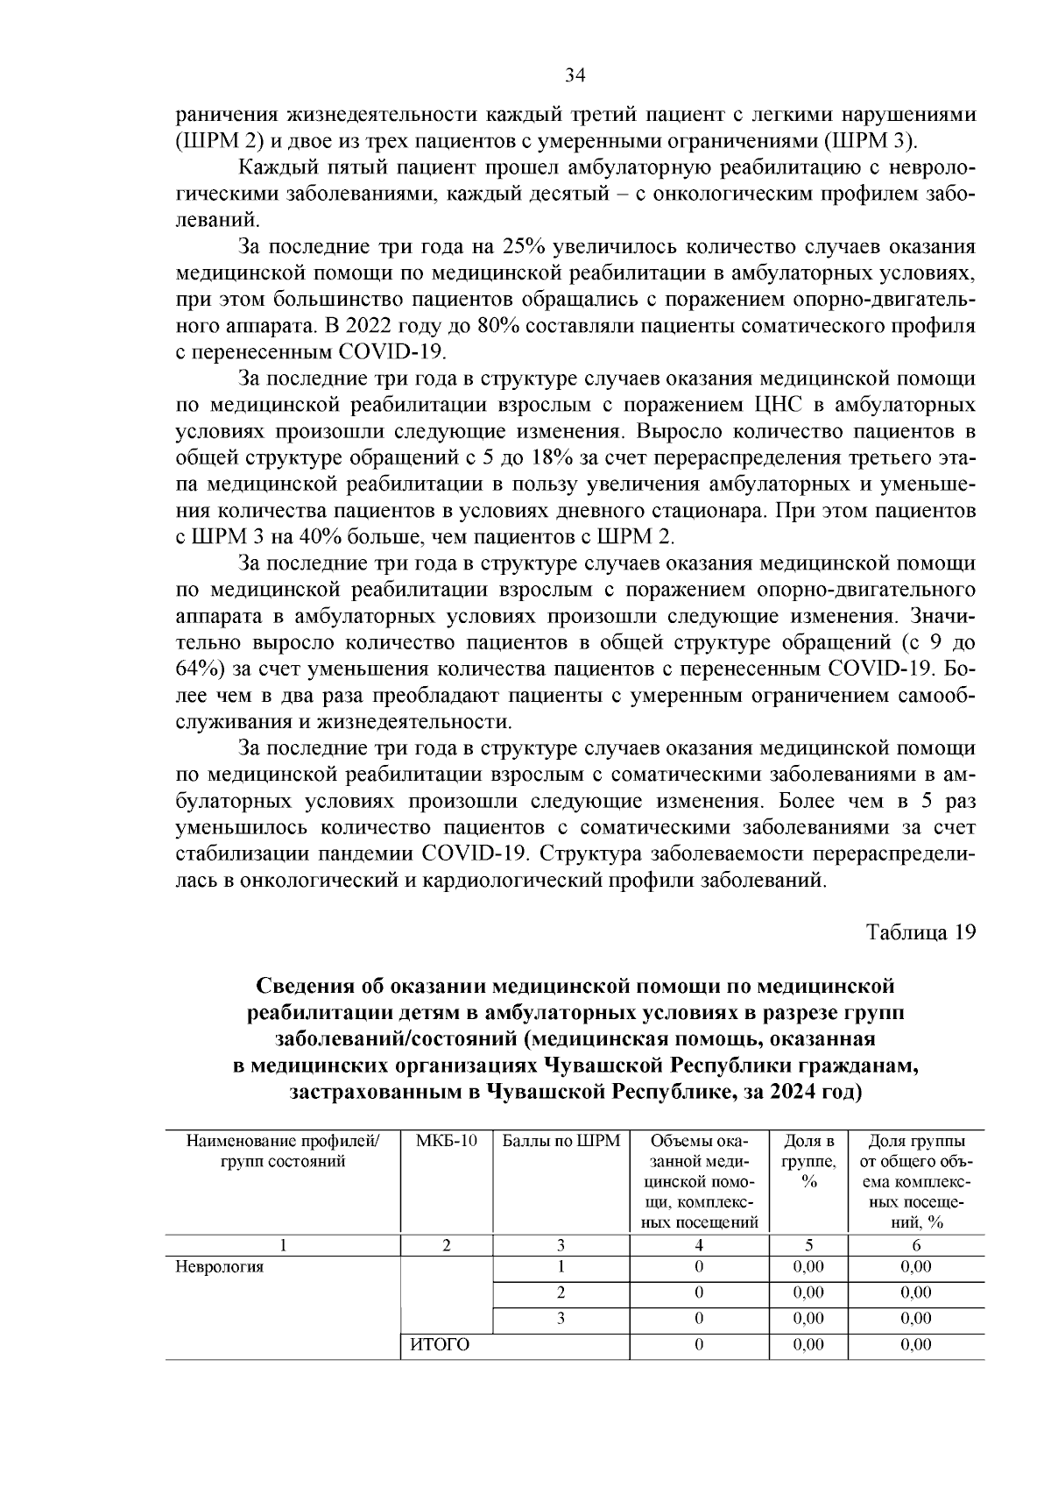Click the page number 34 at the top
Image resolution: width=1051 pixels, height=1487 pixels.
575,76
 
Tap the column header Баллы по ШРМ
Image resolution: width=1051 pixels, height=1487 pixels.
561,1141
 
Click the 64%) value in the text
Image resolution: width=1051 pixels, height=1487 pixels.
200,669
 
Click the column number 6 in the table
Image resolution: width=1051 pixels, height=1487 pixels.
915,1245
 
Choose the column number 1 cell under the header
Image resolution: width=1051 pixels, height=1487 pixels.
282,1245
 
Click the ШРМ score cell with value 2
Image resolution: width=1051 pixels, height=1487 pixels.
561,1292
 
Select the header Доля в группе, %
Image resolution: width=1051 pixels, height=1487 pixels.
808,1162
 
